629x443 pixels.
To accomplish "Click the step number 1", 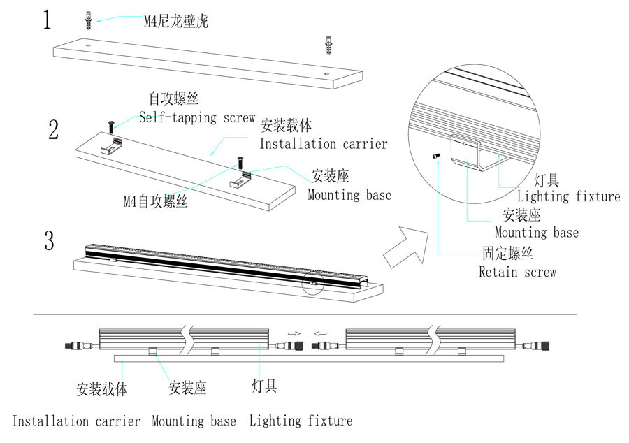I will [47, 20].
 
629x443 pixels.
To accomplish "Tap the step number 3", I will [49, 241].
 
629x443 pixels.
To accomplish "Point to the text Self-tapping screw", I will [197, 117].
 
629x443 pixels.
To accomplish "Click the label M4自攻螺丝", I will [155, 202].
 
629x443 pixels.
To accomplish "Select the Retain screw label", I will [517, 272].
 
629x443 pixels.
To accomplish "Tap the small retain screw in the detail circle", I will [436, 156].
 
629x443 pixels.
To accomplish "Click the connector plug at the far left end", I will [71, 345].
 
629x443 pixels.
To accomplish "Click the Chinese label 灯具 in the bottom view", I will [264, 386].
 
